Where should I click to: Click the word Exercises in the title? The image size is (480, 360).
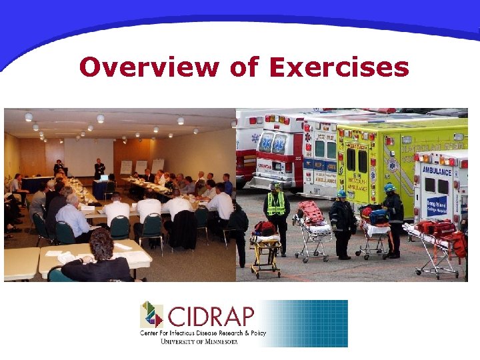(339, 67)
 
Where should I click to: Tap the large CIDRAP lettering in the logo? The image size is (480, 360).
(209, 315)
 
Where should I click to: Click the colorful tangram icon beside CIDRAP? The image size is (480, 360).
(151, 314)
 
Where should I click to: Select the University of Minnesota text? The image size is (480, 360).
(199, 341)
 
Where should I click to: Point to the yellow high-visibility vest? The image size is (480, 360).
(276, 204)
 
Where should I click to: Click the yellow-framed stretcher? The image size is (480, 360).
(265, 250)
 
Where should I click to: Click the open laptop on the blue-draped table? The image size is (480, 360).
(104, 178)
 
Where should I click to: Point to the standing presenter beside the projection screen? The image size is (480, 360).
(99, 169)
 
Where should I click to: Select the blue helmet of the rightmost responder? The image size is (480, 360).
(389, 187)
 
